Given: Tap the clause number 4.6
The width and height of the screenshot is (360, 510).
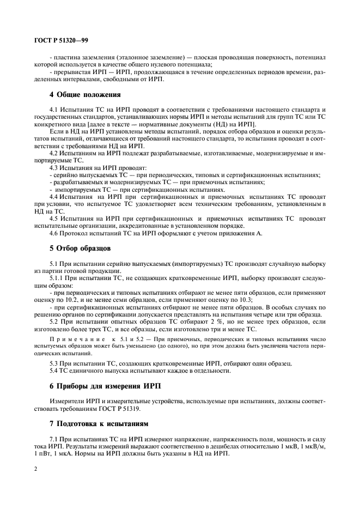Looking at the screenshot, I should coord(54,233).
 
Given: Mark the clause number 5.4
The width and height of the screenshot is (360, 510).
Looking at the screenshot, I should coord(54,371).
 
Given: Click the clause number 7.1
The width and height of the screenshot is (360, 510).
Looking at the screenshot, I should coord(54,438).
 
